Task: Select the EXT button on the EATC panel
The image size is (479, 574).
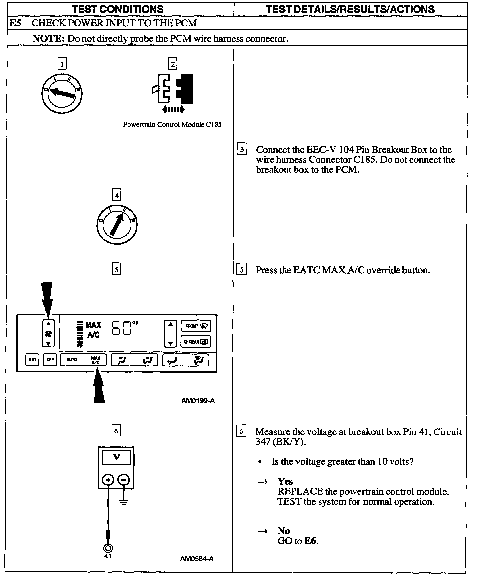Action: click(32, 359)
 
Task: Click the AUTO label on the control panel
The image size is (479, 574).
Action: click(72, 359)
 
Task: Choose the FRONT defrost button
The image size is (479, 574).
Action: click(196, 326)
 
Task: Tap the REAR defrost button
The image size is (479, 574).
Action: click(196, 342)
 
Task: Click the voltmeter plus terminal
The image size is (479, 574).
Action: click(108, 480)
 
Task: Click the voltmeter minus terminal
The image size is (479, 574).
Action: click(124, 480)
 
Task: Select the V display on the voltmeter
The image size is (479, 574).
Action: click(116, 458)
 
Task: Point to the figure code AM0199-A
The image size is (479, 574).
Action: click(198, 401)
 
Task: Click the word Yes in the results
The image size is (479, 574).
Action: click(285, 481)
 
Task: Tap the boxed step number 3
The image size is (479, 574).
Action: click(242, 150)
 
